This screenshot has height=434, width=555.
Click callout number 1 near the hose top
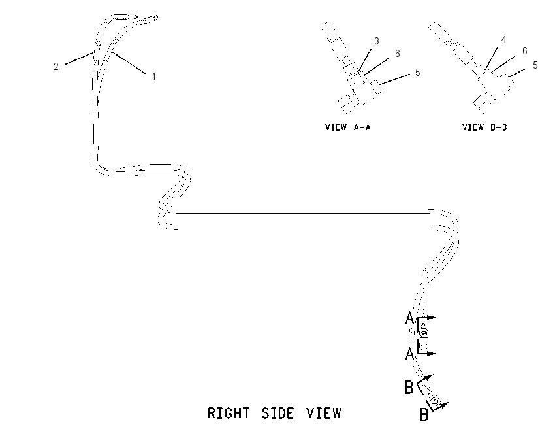click(x=154, y=76)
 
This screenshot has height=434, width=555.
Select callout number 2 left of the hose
click(x=56, y=66)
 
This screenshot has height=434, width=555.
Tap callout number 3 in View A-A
click(x=377, y=41)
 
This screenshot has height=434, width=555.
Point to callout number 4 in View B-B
click(x=503, y=40)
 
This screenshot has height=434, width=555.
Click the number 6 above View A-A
click(x=398, y=53)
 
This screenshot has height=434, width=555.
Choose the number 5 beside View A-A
click(x=418, y=73)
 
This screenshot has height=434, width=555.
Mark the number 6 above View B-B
click(x=525, y=51)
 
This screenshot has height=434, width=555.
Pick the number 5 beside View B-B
click(x=535, y=65)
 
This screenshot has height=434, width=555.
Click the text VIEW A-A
click(x=348, y=127)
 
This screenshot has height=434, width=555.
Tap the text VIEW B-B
click(x=484, y=127)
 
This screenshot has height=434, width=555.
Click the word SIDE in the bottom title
click(x=278, y=414)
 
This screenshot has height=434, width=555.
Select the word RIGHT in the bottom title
click(x=229, y=414)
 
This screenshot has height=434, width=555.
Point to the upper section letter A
click(x=409, y=318)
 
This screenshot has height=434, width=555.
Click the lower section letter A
click(x=409, y=354)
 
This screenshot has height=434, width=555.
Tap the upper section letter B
click(x=409, y=387)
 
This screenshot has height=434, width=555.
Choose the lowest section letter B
click(x=423, y=414)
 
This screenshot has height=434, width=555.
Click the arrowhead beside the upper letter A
click(x=432, y=318)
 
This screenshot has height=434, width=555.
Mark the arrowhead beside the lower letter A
click(x=432, y=353)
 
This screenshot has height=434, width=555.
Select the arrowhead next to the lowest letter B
click(x=445, y=404)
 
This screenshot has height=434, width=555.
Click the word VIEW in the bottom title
click(x=324, y=414)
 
